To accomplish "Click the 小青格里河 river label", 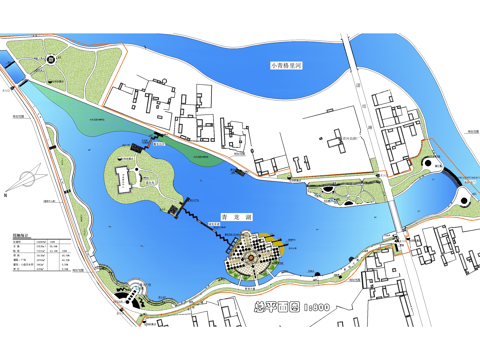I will pyautogui.click(x=288, y=65).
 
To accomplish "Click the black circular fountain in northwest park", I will pyautogui.click(x=51, y=60).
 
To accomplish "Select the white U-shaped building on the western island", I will pyautogui.click(x=124, y=180).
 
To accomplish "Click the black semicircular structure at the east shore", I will pyautogui.click(x=456, y=175).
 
